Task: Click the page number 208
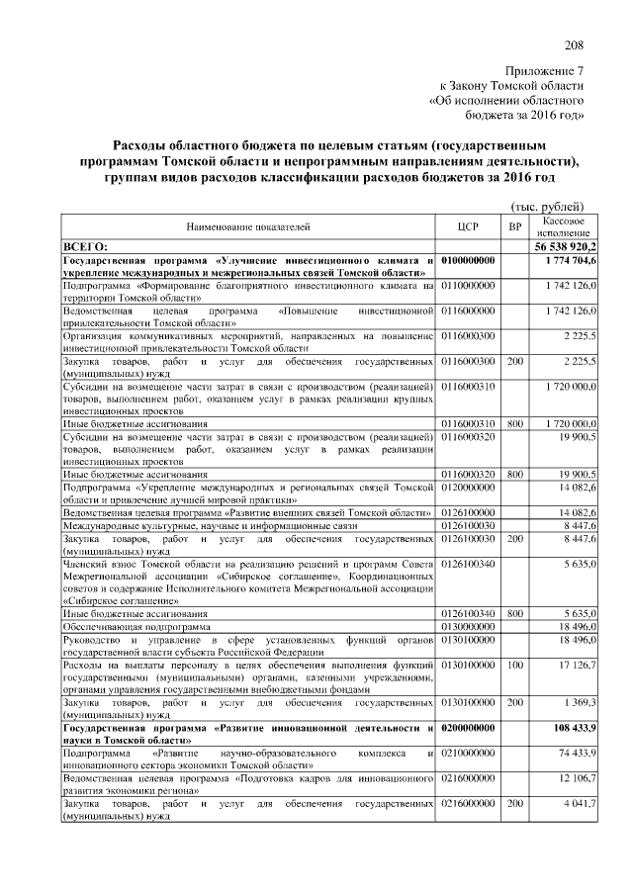[x=574, y=45]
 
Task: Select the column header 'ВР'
[x=514, y=226]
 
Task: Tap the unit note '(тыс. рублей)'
[x=553, y=205]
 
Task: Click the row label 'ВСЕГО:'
[x=85, y=245]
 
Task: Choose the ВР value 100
[x=514, y=666]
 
